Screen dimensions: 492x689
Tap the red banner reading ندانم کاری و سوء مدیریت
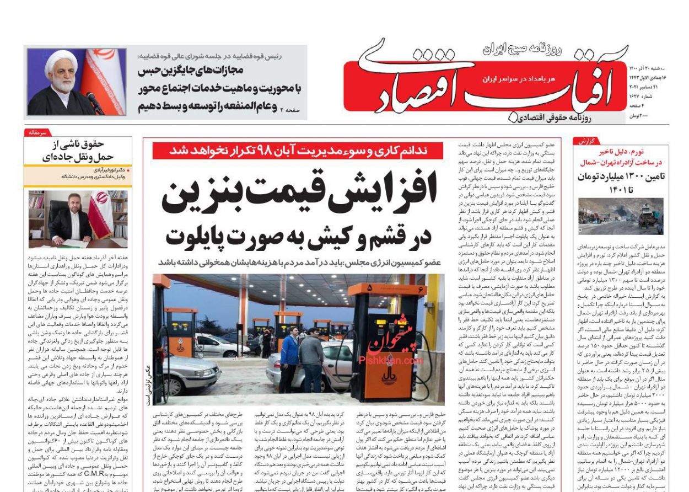point(298,151)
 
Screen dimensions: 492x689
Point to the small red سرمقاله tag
point(37,133)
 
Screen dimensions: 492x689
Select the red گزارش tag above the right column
point(586,141)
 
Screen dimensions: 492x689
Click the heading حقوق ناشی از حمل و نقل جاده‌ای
point(78,151)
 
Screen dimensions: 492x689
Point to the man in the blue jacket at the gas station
point(289,356)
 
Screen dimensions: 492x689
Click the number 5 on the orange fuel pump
point(369,288)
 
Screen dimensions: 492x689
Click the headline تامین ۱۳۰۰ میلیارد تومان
point(621,177)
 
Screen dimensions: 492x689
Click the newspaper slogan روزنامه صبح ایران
point(521,50)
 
